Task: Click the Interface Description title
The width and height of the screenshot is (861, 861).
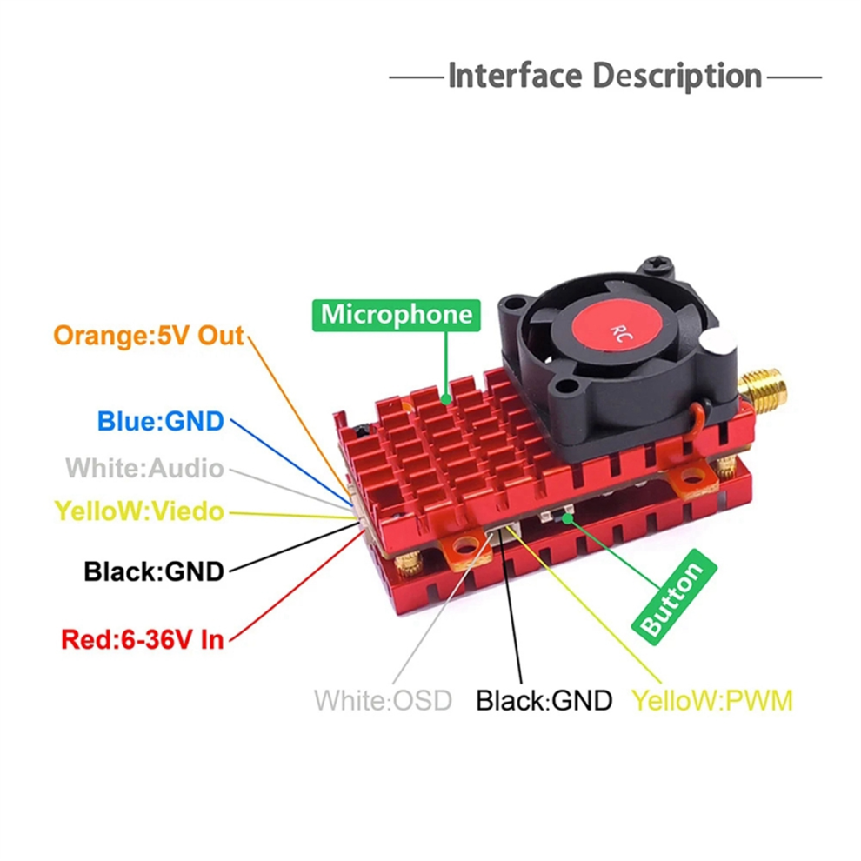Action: coord(604,77)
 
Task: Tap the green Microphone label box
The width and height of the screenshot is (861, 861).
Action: coord(396,314)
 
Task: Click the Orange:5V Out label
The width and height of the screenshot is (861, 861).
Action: coord(149,336)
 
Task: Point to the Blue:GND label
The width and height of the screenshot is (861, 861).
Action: coord(160,422)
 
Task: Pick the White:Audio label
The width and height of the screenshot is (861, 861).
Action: coord(144,469)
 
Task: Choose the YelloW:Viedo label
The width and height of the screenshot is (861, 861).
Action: coord(139,511)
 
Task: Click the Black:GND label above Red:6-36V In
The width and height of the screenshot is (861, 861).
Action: coord(154,571)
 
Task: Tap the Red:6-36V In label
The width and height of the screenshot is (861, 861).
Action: coord(143,640)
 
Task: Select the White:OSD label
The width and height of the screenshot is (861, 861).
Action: coord(383,700)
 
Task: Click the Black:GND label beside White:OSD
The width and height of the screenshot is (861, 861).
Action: coord(544,700)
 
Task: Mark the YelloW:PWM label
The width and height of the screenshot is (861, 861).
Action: coord(712,700)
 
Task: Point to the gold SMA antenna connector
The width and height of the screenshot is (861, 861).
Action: coord(762,390)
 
